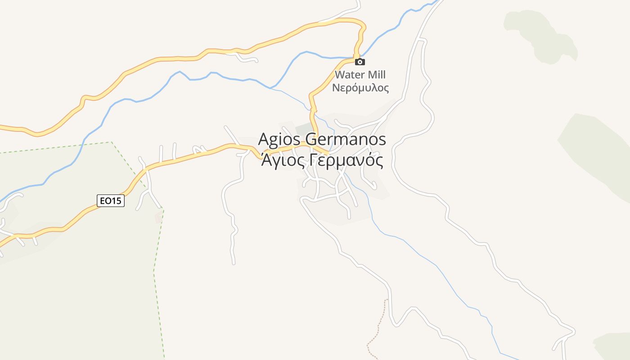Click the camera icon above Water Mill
tap(360, 62)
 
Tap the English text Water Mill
tap(360, 75)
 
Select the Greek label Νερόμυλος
tap(360, 88)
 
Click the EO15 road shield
tap(111, 201)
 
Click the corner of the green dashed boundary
tap(112, 142)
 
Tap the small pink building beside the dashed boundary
tap(158, 218)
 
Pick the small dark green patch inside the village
tap(303, 128)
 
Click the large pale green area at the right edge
tap(598, 153)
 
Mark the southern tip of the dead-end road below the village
tap(233, 263)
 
